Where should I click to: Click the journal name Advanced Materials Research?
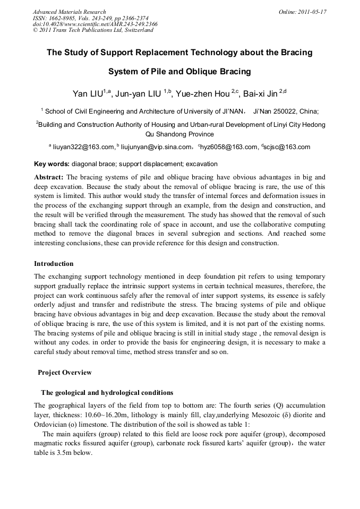pos(70,12)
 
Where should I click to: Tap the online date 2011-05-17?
pos(311,12)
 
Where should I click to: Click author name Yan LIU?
pos(88,94)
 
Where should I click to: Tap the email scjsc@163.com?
pos(287,147)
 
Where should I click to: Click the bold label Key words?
pos(52,164)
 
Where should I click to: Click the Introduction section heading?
pos(54,263)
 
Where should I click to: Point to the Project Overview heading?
pos(64,372)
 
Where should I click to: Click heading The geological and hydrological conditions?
pos(107,393)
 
